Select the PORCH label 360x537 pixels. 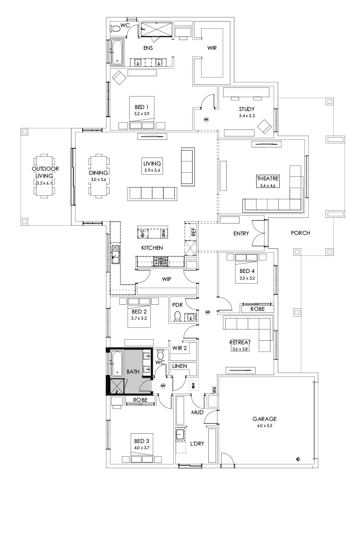pos(300,233)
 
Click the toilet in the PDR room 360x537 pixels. pos(178,316)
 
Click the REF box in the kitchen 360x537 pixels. pos(193,232)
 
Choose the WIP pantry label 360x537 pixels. pos(166,280)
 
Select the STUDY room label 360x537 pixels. pos(247,109)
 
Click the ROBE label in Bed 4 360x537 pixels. pos(257,309)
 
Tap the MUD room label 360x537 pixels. pos(199,412)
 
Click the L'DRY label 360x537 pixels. pos(197,443)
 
